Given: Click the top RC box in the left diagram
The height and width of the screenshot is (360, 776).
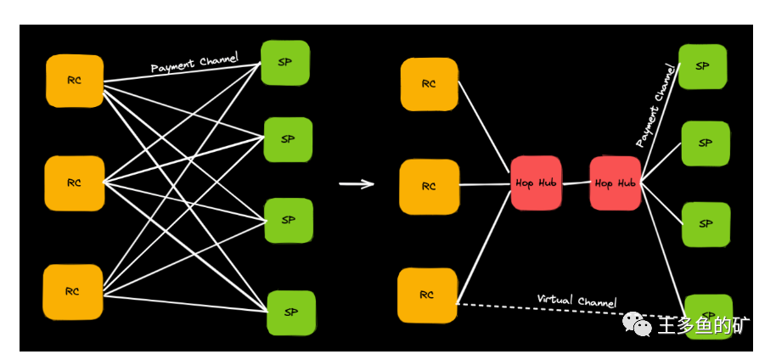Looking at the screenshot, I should click(x=75, y=81).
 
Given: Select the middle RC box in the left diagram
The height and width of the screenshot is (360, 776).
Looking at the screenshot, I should click(x=75, y=183).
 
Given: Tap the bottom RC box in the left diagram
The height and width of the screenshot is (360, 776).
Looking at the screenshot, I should click(x=72, y=291).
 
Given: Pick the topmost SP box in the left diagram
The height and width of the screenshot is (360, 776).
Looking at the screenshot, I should click(x=285, y=63).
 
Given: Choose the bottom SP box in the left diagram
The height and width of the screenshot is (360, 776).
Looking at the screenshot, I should click(x=291, y=312).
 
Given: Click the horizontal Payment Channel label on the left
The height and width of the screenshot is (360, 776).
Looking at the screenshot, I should click(x=194, y=64).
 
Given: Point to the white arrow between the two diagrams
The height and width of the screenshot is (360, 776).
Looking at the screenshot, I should click(x=357, y=183).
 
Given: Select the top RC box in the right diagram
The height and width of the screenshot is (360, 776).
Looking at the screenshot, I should click(x=429, y=84).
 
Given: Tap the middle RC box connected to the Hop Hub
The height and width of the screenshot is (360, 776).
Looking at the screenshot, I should click(x=429, y=186).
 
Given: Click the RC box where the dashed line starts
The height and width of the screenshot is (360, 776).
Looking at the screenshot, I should click(x=427, y=295).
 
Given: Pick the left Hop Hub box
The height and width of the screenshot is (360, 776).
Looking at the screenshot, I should click(x=536, y=183).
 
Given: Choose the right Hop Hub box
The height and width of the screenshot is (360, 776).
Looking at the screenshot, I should click(x=616, y=183).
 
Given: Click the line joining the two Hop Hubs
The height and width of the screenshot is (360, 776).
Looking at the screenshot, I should click(x=576, y=183).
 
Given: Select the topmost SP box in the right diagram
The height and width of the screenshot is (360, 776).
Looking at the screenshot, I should click(x=702, y=66).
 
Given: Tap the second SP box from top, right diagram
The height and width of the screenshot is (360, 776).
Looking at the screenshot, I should click(x=706, y=143).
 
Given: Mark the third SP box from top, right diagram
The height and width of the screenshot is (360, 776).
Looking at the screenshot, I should click(x=706, y=224).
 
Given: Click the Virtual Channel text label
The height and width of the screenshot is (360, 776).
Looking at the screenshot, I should click(x=576, y=301).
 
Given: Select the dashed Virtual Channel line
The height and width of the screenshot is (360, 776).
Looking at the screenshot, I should click(x=543, y=310).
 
